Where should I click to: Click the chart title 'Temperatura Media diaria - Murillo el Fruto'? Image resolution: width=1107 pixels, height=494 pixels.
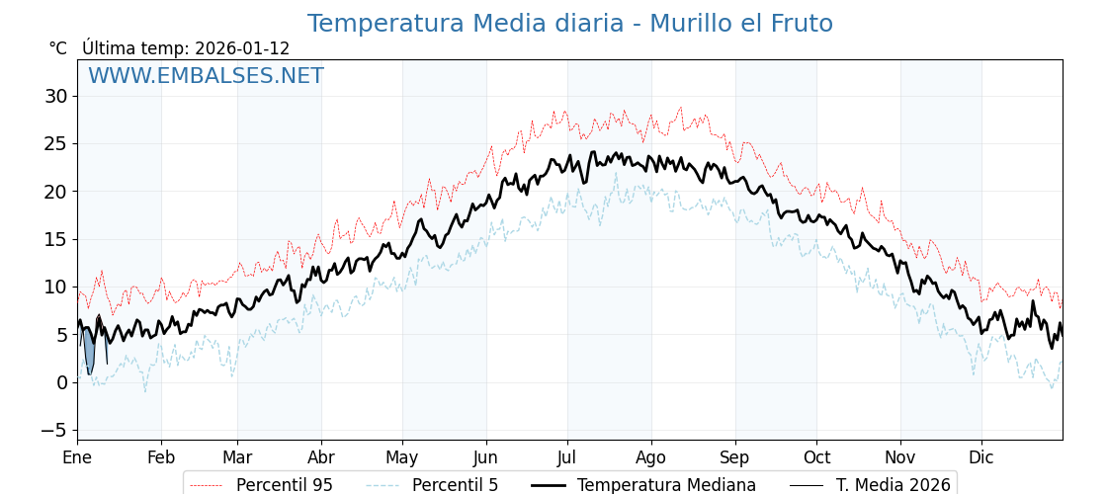pos(569,24)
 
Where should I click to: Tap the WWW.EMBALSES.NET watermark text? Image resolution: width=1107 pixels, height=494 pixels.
pos(206,76)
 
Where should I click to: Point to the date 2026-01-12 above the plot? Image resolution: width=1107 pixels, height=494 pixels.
pos(242,48)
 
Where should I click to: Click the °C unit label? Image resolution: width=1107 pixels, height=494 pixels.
pos(57,48)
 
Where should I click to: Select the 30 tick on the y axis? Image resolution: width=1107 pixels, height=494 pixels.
pos(55,96)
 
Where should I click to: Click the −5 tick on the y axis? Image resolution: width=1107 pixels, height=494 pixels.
pos(53,430)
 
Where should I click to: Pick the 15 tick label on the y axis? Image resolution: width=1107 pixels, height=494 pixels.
pos(55,239)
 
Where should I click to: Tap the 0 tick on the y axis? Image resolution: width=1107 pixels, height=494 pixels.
pos(61,382)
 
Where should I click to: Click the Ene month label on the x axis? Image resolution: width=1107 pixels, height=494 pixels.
pos(77,457)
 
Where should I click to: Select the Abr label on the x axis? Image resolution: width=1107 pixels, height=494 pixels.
pos(321,457)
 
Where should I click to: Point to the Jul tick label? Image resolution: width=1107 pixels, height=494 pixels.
pos(567,457)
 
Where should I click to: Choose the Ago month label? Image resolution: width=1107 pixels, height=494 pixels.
pos(651,457)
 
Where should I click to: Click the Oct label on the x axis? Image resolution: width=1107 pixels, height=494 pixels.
pos(816,457)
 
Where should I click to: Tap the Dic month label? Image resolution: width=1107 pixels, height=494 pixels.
pos(981,457)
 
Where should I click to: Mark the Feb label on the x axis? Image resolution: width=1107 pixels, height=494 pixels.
pos(161,457)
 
